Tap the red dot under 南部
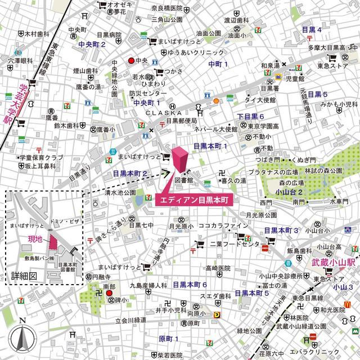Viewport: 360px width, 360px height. click(x=109, y=293)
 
